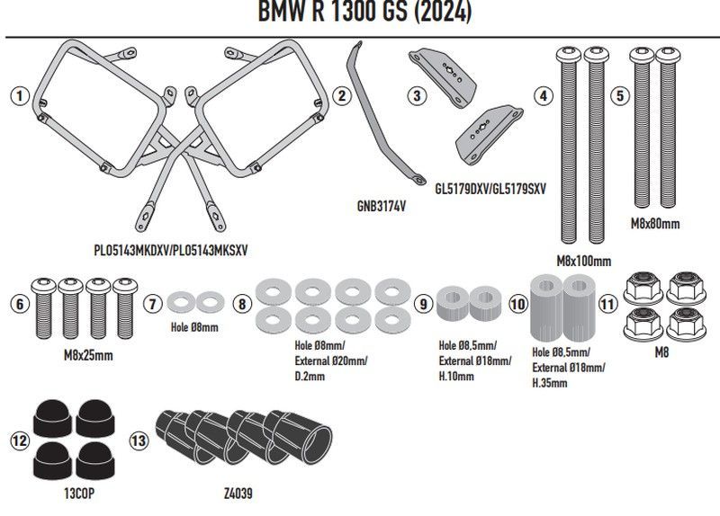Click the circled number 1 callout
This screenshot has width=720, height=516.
19,94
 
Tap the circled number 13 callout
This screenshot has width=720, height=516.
137,440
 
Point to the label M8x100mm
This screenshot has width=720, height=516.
583,261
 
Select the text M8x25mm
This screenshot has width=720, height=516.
88,356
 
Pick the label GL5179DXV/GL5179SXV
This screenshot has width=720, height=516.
490,189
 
